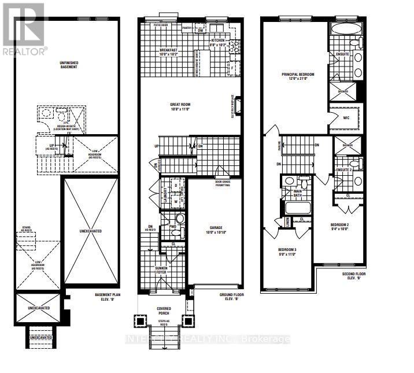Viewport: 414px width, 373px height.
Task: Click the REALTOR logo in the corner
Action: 23,29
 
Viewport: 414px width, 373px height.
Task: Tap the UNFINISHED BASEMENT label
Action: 68,64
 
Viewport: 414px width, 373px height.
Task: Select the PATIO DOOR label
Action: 161,25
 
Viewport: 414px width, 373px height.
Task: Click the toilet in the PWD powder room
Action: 179,219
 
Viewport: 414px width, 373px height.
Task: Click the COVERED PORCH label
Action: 164,311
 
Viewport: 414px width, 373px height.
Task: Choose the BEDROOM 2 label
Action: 340,226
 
